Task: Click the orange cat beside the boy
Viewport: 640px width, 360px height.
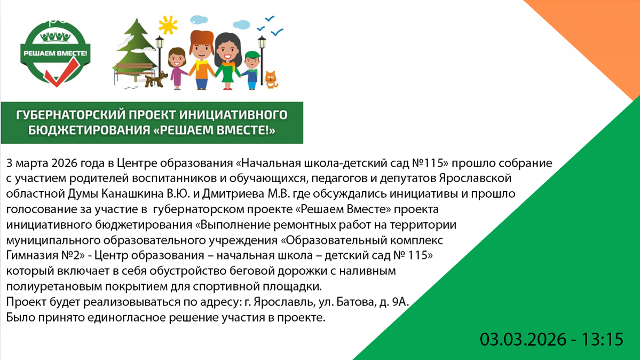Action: click(272, 79)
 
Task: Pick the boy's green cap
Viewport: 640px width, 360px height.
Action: click(251, 54)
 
